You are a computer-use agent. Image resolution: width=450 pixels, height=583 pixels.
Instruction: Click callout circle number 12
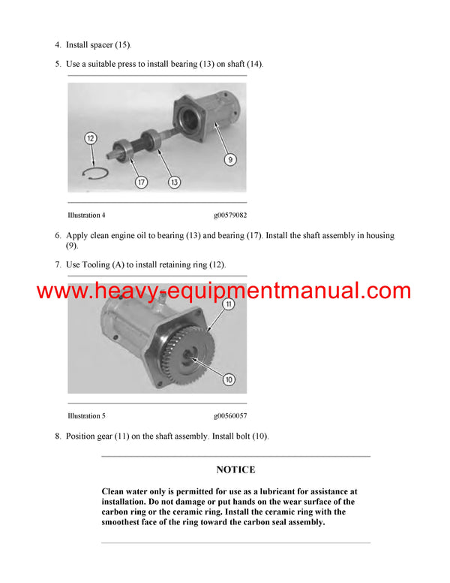coord(91,137)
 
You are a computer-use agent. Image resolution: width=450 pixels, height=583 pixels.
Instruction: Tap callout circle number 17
coord(141,181)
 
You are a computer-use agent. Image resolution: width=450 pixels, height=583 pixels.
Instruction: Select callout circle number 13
coord(174,181)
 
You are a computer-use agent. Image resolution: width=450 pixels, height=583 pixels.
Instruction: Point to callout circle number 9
coord(230,159)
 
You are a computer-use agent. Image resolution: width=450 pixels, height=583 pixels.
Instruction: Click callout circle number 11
coord(229,304)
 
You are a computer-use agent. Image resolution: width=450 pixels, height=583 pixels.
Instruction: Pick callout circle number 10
coord(229,379)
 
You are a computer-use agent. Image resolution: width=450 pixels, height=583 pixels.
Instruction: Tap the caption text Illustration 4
coord(86,215)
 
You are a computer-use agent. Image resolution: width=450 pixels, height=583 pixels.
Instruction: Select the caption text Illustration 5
coord(86,415)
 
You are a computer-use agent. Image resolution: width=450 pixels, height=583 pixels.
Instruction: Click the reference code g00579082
coord(229,215)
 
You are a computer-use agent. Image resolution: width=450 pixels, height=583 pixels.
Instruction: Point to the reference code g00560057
coord(229,415)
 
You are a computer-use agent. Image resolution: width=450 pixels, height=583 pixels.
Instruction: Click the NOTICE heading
coord(235,470)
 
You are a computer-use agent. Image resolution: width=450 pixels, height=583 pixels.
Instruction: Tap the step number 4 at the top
coord(58,45)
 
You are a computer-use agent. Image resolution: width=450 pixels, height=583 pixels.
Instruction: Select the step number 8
coord(58,436)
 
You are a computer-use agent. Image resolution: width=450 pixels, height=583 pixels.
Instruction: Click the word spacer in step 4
coord(101,45)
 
